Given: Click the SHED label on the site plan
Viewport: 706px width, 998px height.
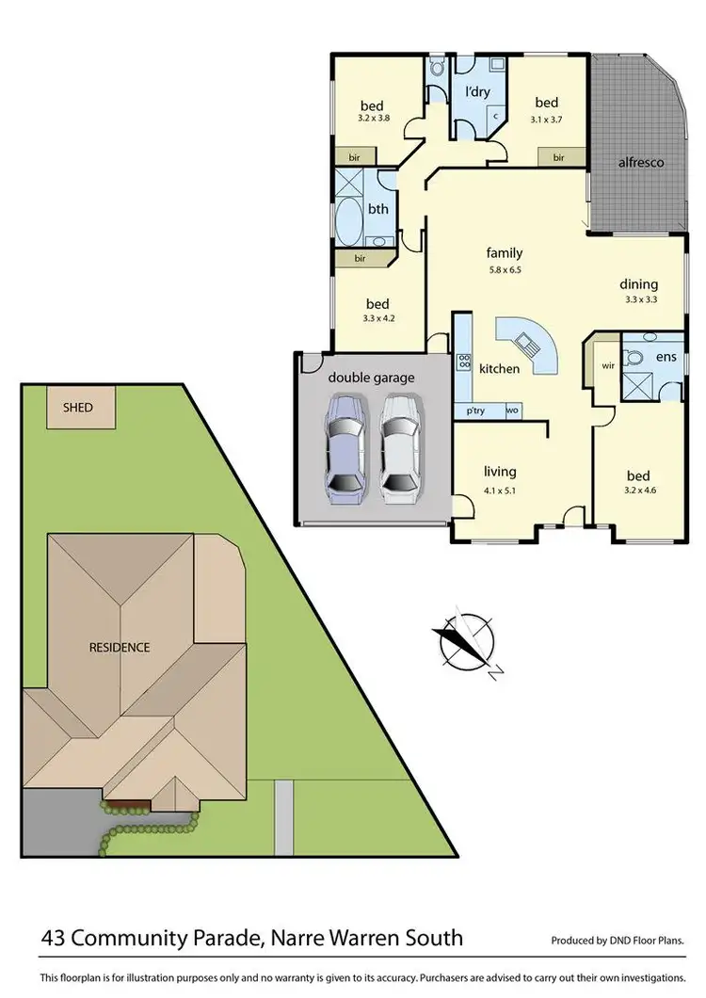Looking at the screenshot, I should [77, 408].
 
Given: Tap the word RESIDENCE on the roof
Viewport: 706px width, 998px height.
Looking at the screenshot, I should [120, 647].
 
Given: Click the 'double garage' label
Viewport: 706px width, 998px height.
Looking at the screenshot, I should [371, 378].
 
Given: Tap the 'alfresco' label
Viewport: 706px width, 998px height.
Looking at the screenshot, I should [640, 162].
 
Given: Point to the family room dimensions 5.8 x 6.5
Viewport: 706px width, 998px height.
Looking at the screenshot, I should [504, 269].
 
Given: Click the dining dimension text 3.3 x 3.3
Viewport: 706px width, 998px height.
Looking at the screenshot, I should [639, 299].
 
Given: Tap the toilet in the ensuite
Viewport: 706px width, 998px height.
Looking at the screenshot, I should [634, 358].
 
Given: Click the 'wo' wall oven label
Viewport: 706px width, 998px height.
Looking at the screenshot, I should [512, 410].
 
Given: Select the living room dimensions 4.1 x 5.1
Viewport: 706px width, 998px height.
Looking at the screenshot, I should [500, 490].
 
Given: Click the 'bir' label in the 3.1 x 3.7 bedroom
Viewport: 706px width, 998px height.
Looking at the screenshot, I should [558, 157].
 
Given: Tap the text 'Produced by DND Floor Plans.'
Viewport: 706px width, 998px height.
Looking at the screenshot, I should [617, 940].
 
